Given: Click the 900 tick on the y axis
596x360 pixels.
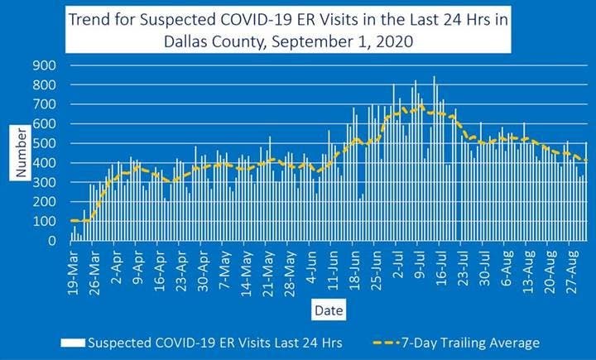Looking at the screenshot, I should coord(45,65).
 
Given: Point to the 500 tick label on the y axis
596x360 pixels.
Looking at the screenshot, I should coord(45,143).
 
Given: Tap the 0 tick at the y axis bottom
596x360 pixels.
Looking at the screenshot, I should coord(52,241).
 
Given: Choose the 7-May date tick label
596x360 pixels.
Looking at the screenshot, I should coord(221,266).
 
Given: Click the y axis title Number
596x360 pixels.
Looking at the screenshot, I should coord(22,151).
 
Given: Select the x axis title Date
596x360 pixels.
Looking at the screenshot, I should coord(324,310).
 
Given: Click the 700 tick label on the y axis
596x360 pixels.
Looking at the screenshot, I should coord(45,104).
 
